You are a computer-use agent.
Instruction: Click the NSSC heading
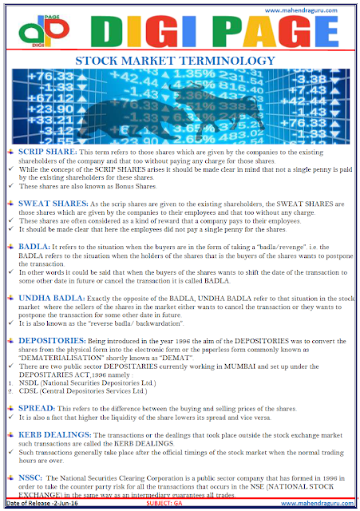[34, 477]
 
